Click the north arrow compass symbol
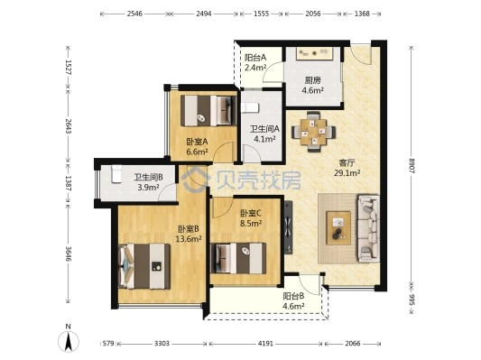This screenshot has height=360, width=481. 69,341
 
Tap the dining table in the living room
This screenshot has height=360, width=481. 313,132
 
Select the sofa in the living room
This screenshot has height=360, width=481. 368,228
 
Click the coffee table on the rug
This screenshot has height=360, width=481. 338,228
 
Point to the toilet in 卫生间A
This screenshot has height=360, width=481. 250,108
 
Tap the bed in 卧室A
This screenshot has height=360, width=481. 208,111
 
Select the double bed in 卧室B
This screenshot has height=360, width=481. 144,266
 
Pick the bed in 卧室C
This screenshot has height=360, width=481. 238,258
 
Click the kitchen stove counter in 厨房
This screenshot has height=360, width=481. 314,53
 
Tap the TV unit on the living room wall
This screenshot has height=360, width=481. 289,227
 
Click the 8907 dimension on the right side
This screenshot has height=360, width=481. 412,166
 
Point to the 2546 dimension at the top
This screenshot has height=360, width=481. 135,14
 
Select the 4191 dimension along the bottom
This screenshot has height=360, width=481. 265,344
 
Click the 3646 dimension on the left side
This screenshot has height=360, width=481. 68,254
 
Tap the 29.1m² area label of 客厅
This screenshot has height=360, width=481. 347,173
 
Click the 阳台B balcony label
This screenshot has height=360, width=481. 293,296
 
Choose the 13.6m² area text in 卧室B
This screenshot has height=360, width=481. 189,238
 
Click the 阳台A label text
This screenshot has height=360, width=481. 255,58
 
